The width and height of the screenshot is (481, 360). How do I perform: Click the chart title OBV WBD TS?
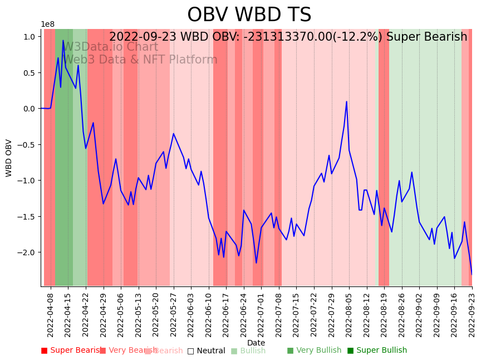click(x=249, y=15)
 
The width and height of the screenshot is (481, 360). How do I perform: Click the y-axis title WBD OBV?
click(x=9, y=158)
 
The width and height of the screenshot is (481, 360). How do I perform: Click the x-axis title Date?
click(x=256, y=343)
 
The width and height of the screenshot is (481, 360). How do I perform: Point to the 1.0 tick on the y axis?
click(x=30, y=37)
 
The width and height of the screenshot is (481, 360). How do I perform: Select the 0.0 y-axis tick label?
click(x=30, y=109)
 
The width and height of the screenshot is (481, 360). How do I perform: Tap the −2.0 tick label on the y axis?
click(x=27, y=252)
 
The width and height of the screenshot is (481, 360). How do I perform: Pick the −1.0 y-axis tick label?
click(x=27, y=181)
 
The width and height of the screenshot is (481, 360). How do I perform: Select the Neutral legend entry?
click(x=206, y=351)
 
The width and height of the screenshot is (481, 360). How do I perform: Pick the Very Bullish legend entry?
click(x=314, y=351)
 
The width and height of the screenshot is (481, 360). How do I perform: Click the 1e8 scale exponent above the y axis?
click(x=47, y=24)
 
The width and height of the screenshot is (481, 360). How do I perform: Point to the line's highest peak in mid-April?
click(x=63, y=40)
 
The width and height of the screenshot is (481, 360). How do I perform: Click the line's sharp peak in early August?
click(x=346, y=101)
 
